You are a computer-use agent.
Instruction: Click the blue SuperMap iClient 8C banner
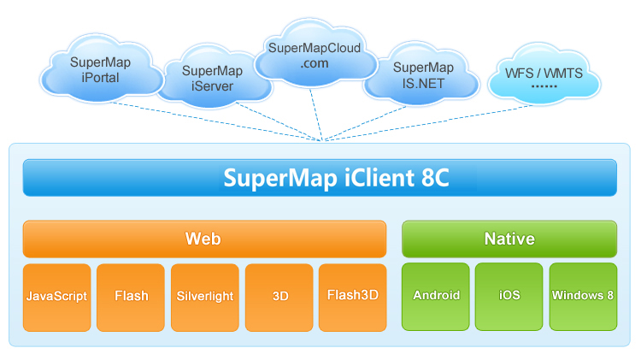(x=320, y=178)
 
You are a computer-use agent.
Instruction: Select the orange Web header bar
(x=203, y=239)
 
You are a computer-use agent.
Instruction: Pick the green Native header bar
(x=509, y=239)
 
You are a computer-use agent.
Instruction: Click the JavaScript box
(x=56, y=296)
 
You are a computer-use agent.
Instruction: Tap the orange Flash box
(x=131, y=296)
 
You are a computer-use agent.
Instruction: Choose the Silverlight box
(x=205, y=296)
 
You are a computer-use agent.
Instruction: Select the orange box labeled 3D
(x=279, y=296)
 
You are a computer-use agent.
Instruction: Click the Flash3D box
(x=353, y=296)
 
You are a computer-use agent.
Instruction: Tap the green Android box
(x=436, y=296)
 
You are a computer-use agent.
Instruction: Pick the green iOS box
(x=509, y=296)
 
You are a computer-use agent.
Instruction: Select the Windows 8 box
(x=583, y=296)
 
